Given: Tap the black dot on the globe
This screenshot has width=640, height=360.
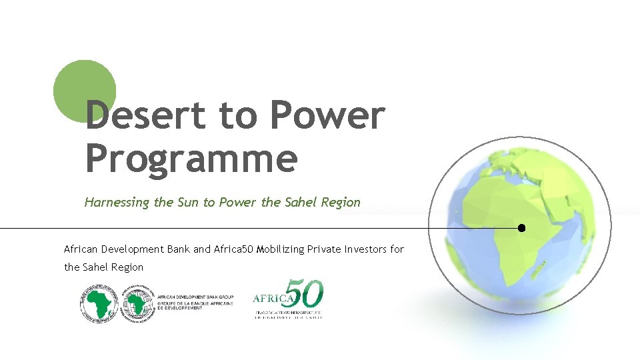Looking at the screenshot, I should (x=521, y=228).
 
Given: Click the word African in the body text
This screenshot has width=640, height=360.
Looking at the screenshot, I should (x=81, y=249).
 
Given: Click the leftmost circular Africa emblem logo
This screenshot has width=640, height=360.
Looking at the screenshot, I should (x=99, y=304).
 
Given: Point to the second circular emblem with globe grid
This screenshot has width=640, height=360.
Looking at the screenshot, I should (x=136, y=304).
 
